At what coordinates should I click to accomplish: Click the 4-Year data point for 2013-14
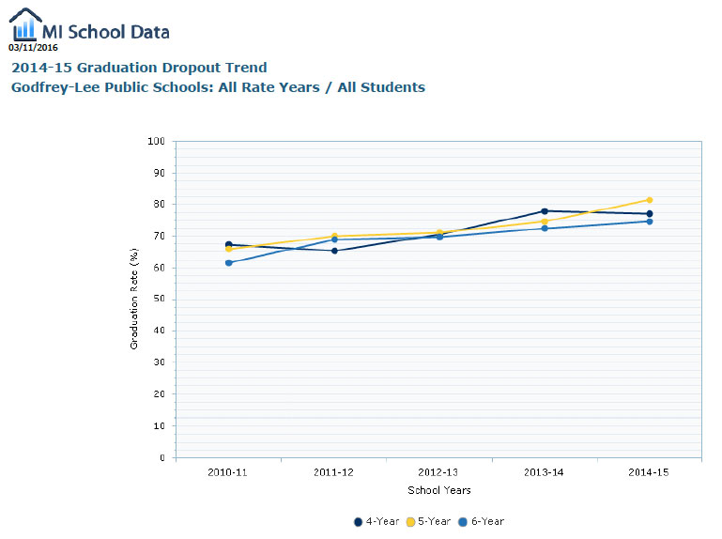coord(545,211)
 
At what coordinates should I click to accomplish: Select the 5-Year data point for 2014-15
coord(649,200)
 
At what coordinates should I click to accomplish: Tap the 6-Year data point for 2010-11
coord(228,263)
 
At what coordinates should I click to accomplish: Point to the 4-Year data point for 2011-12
coord(334,251)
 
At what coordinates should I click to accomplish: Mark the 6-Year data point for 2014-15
coord(649,221)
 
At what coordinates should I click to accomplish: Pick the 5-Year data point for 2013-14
coord(545,222)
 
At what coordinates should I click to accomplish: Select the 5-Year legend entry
coord(429,521)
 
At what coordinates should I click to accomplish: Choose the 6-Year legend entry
coord(482,521)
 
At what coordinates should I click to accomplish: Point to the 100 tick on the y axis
coord(157,142)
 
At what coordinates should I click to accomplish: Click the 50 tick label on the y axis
coord(160,300)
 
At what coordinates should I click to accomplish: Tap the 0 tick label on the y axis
coord(162,457)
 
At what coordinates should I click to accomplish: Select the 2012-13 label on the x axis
coord(438,472)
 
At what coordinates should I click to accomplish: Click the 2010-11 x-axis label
coord(228,472)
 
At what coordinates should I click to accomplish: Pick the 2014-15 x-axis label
coord(649,472)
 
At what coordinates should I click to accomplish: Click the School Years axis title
coord(439,490)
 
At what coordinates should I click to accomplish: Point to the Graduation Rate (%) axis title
coord(133,300)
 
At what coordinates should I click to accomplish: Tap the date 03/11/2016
coord(33,47)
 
